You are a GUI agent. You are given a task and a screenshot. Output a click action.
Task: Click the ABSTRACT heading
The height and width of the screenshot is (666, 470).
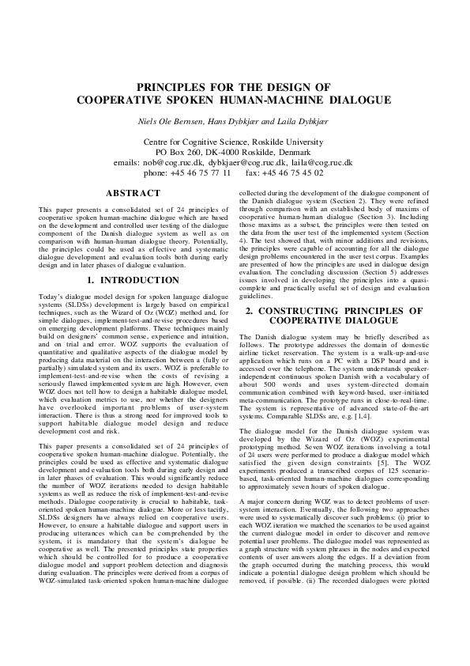pos(133,193)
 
